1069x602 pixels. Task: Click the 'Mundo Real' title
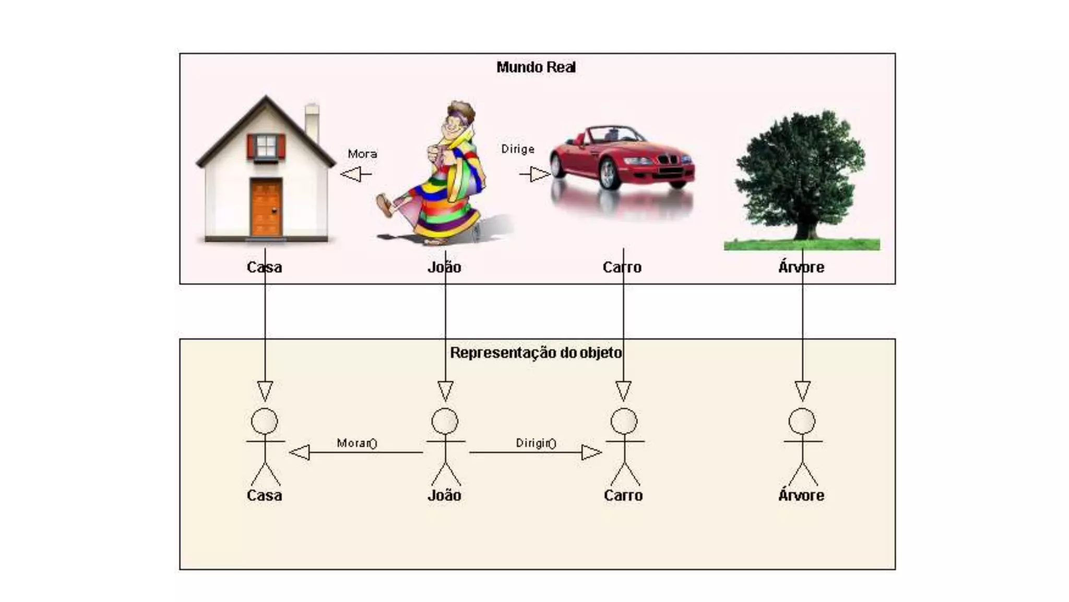click(x=536, y=67)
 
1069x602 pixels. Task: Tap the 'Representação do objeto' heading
click(x=536, y=353)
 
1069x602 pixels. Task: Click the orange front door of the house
click(x=266, y=207)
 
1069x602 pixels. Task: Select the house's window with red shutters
click(x=266, y=146)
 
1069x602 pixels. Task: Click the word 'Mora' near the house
click(x=362, y=154)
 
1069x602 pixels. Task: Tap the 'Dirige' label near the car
click(x=518, y=149)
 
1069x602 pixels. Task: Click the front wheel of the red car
click(x=609, y=173)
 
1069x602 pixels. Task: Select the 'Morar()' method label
click(x=357, y=443)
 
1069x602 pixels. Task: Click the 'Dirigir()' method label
click(x=536, y=443)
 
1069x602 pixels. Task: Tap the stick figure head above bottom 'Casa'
click(x=265, y=421)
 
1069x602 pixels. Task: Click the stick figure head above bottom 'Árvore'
click(x=802, y=421)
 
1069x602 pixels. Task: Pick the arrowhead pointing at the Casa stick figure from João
click(x=300, y=452)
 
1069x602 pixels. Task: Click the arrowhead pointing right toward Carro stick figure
click(x=591, y=452)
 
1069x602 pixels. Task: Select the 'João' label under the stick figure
click(x=444, y=495)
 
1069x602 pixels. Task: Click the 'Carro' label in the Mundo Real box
click(x=622, y=268)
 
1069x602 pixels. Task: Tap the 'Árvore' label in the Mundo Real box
click(x=801, y=268)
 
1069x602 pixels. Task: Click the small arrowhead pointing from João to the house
click(x=350, y=174)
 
